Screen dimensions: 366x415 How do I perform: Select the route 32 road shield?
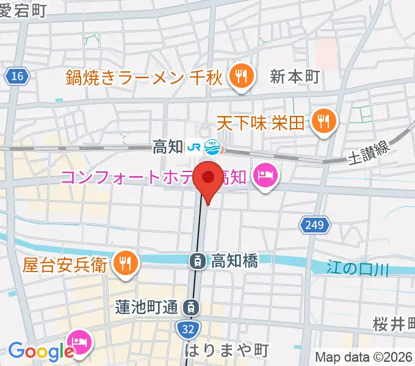(x=189, y=329)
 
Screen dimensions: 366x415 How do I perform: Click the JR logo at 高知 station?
(x=195, y=147)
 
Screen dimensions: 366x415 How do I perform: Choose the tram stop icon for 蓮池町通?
(x=192, y=307)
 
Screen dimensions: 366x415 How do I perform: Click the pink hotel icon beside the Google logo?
(x=80, y=339)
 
